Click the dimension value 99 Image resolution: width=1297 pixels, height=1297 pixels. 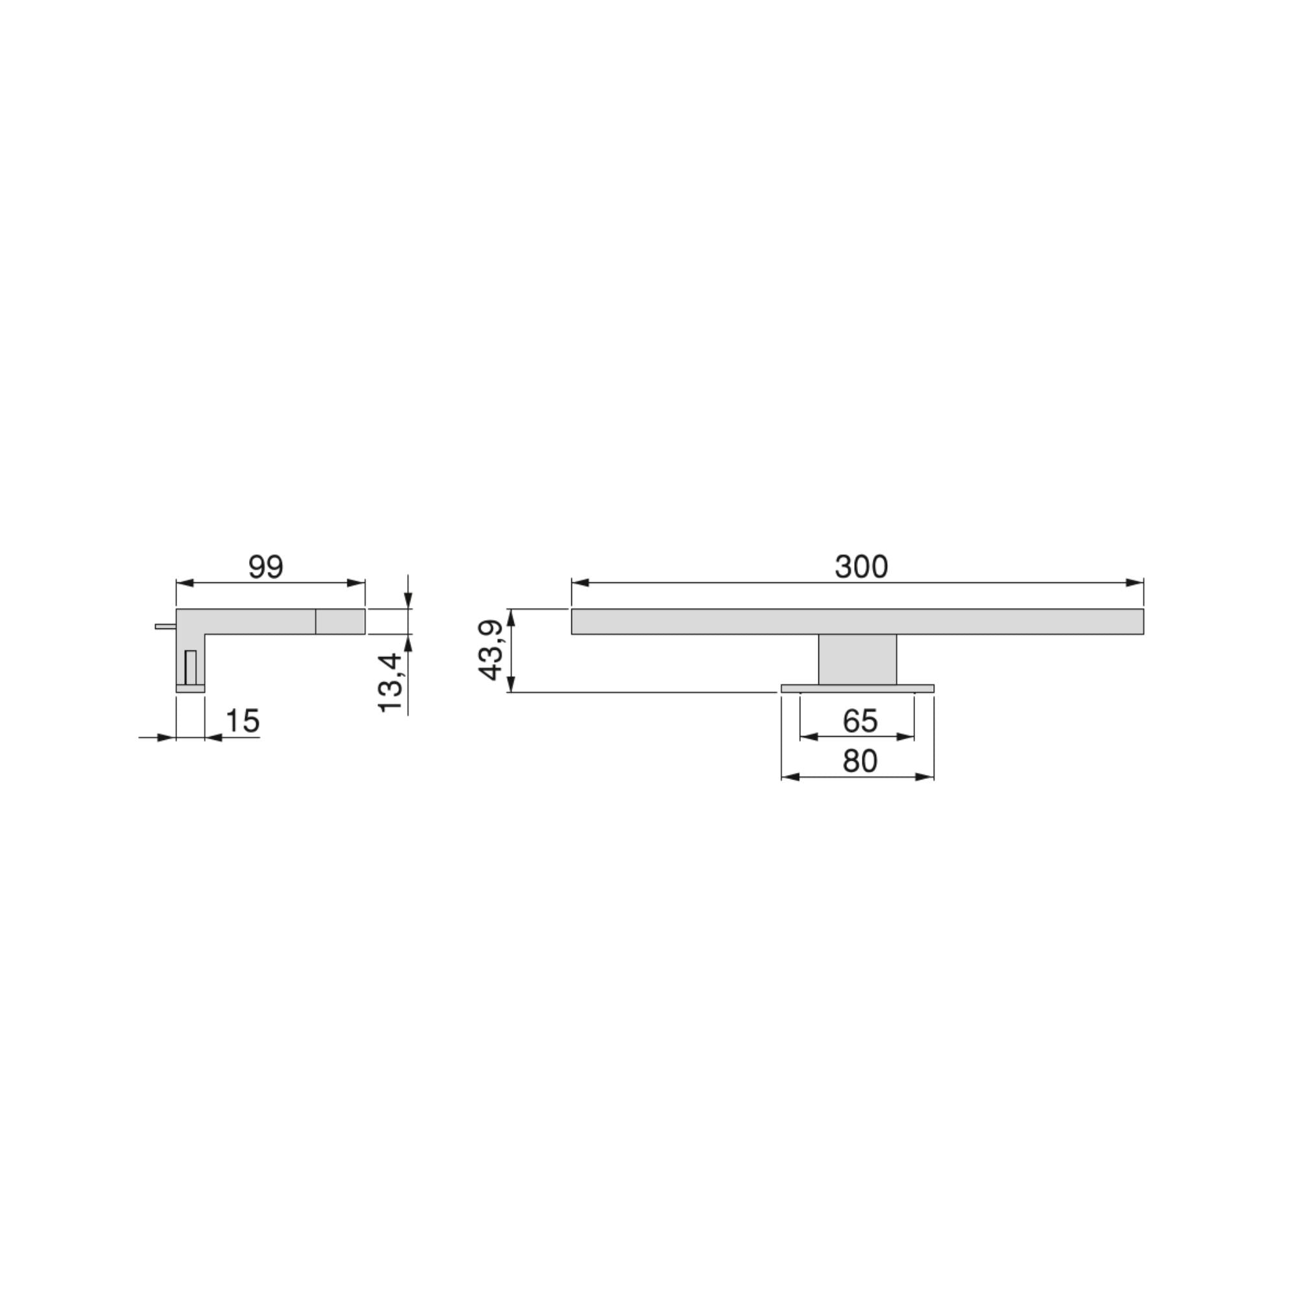tap(266, 567)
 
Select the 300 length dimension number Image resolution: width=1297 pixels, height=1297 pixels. tap(861, 567)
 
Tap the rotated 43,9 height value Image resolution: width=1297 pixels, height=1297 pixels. tap(491, 650)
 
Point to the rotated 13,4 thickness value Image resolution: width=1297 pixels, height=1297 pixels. tap(390, 683)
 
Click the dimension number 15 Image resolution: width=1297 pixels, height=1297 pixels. tap(243, 721)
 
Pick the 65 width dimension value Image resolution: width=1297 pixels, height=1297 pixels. tap(860, 721)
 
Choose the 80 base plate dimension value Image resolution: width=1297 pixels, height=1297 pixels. tap(860, 761)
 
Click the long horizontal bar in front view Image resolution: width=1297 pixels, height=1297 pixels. tap(857, 621)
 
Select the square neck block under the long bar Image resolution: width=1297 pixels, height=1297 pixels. tap(857, 660)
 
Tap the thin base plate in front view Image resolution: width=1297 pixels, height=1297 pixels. tap(857, 688)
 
